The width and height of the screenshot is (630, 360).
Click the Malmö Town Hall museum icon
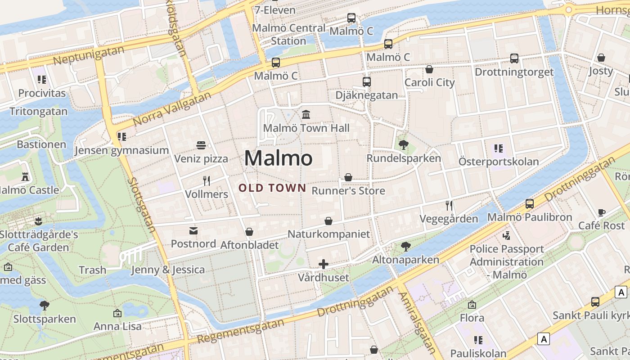click(306, 114)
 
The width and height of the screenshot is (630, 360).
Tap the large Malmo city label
click(278, 158)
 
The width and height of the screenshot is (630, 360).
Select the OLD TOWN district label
click(272, 188)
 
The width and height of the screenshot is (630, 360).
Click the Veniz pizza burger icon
click(201, 145)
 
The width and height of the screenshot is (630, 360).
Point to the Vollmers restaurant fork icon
click(207, 181)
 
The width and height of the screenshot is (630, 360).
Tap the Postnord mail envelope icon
click(193, 231)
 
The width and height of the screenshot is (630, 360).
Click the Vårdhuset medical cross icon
click(323, 264)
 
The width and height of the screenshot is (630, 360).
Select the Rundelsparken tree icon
click(403, 145)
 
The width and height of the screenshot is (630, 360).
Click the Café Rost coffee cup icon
click(602, 212)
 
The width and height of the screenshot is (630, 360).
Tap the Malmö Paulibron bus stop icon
click(530, 204)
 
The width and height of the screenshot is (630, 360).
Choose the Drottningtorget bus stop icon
click(514, 58)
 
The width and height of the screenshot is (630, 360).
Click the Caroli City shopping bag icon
click(429, 69)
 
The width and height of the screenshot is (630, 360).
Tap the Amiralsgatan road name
click(418, 323)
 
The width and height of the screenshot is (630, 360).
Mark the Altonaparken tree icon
click(405, 246)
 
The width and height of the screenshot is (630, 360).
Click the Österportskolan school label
click(499, 162)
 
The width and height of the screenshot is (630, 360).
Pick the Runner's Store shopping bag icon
click(348, 177)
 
